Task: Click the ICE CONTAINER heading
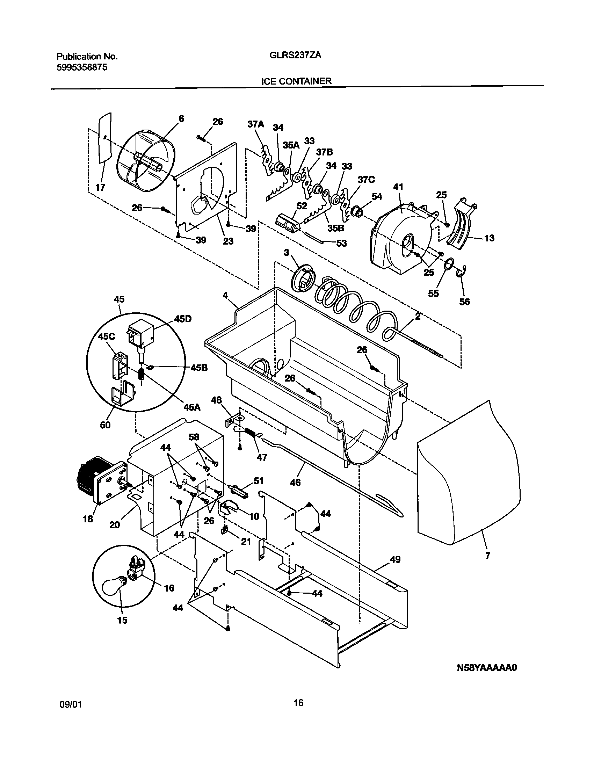[x=296, y=81]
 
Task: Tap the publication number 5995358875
[x=82, y=67]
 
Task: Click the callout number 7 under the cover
[x=488, y=555]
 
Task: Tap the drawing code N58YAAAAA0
[x=487, y=668]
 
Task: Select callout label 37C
[x=366, y=180]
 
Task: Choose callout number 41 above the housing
[x=398, y=187]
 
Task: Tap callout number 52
[x=301, y=206]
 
